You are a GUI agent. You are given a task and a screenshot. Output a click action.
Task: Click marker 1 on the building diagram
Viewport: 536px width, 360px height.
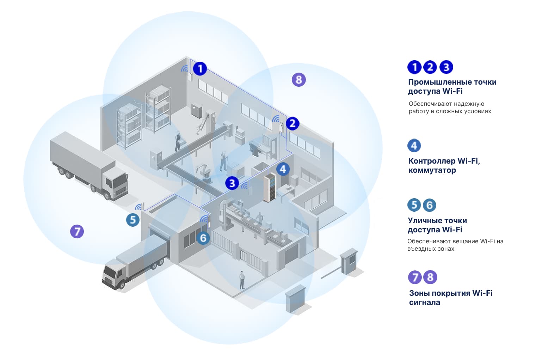point(200,68)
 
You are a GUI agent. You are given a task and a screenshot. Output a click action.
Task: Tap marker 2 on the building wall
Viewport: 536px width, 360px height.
point(292,123)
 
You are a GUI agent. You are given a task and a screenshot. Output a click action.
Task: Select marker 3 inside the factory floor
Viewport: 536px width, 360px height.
point(232,183)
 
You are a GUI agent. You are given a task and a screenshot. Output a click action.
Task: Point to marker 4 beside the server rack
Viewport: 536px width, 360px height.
point(283,169)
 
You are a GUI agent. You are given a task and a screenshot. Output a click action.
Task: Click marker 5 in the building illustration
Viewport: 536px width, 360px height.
point(133,220)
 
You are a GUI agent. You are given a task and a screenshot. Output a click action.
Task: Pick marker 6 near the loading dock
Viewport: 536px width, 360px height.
point(203,238)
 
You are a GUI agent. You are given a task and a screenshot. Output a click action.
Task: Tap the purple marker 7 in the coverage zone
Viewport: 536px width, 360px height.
point(77,232)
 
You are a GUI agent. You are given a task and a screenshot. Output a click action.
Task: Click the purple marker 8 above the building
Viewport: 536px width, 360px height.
point(298,80)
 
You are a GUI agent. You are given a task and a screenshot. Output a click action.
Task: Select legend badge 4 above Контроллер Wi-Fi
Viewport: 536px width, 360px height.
point(414,146)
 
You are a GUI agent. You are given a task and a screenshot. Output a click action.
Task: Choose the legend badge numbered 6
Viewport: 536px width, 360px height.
point(429,205)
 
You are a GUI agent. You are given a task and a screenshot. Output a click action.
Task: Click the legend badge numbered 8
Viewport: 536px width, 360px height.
point(430,277)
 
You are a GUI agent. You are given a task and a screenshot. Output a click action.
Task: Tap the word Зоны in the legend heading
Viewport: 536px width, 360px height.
point(419,293)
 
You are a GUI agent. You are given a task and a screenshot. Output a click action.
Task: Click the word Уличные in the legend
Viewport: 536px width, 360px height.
point(422,221)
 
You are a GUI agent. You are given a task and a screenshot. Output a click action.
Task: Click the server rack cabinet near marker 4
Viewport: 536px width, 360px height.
point(270,188)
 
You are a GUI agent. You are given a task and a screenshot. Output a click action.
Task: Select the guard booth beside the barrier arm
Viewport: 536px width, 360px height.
point(349,261)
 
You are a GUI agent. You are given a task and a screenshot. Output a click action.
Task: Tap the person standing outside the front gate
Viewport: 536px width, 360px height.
point(242,280)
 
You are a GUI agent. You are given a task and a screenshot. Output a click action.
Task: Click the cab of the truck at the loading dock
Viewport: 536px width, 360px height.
point(114,275)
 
